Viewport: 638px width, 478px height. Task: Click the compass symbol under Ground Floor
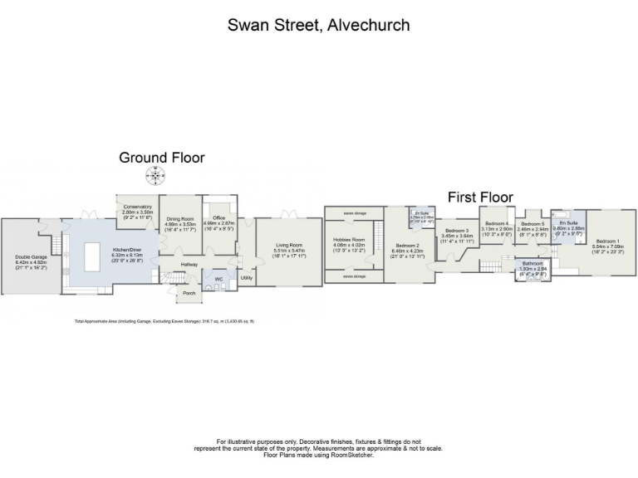click(x=154, y=174)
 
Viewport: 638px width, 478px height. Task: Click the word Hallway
click(x=192, y=264)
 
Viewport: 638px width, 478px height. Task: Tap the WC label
click(x=219, y=279)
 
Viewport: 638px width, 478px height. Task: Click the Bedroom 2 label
click(x=410, y=246)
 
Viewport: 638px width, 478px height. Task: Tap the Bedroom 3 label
click(x=456, y=231)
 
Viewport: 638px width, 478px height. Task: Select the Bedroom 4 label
click(x=497, y=223)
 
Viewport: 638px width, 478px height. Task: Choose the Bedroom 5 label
click(x=532, y=224)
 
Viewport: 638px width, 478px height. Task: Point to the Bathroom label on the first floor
click(x=532, y=263)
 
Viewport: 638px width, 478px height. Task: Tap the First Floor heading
click(x=480, y=197)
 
